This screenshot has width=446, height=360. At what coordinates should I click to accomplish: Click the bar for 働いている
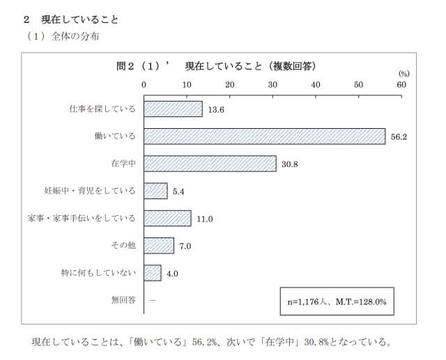(x=265, y=136)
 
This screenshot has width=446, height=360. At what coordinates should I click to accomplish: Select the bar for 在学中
(x=210, y=164)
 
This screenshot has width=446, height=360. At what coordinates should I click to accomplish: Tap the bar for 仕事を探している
(x=174, y=109)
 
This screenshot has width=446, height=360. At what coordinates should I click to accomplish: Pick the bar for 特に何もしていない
(x=153, y=273)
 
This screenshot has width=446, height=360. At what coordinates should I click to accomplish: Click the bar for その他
(x=159, y=245)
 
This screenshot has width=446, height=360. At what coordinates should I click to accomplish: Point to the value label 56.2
(x=399, y=136)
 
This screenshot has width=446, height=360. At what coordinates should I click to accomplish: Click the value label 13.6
(x=216, y=109)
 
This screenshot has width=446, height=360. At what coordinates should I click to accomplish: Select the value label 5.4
(x=178, y=191)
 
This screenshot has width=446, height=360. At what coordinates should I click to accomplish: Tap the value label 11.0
(x=204, y=219)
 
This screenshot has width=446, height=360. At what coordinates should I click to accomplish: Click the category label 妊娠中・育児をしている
(x=89, y=191)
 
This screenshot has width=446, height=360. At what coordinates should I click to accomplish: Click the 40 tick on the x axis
(x=316, y=84)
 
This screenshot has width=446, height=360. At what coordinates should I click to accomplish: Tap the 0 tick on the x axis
(x=144, y=84)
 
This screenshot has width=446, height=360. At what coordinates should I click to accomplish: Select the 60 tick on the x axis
(x=401, y=84)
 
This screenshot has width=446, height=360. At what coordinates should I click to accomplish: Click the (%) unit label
(x=403, y=73)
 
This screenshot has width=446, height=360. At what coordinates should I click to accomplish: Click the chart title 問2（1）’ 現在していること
(x=216, y=66)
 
